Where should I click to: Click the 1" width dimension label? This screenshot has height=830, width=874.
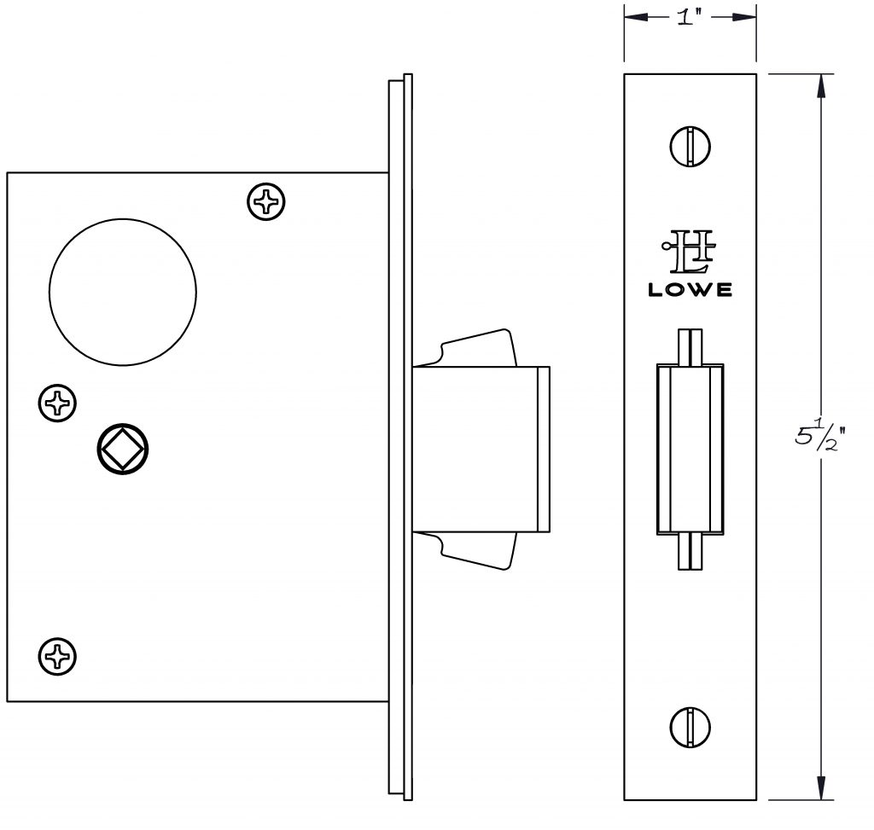click(x=689, y=18)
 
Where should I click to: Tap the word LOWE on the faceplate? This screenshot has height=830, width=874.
click(x=690, y=290)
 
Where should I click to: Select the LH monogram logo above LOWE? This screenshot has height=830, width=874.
click(x=689, y=252)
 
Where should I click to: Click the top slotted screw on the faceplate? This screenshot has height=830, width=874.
click(x=690, y=147)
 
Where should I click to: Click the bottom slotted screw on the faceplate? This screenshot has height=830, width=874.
click(x=690, y=727)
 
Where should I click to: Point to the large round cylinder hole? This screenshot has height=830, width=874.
click(x=123, y=292)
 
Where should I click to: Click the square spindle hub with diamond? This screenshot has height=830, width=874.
click(x=123, y=449)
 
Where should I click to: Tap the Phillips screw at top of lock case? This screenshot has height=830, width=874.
click(x=266, y=201)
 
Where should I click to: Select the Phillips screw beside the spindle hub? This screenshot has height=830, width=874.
click(x=57, y=403)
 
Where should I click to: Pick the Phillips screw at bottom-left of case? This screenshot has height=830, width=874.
click(x=57, y=656)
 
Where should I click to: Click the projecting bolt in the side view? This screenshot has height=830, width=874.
click(x=481, y=449)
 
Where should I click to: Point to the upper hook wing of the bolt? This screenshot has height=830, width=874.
click(x=477, y=347)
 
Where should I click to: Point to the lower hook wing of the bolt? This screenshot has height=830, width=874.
click(x=477, y=551)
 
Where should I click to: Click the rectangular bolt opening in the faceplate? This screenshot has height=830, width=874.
click(x=690, y=449)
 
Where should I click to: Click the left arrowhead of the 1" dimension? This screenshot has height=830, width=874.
click(x=637, y=18)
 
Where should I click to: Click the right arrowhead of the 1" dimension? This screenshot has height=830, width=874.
click(x=743, y=18)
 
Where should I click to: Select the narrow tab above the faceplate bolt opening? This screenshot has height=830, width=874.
click(x=690, y=346)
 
